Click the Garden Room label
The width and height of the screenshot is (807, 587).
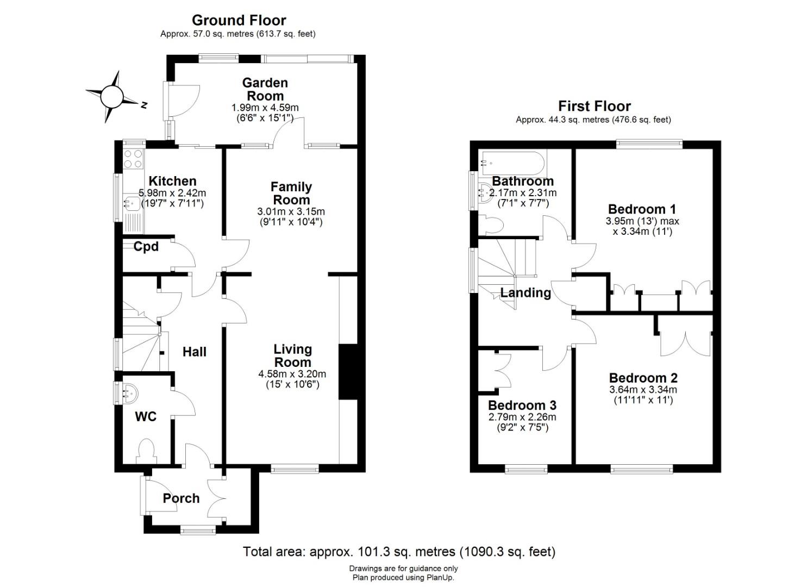265,89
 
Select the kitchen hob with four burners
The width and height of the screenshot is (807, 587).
133,159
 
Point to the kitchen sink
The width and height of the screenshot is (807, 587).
132,204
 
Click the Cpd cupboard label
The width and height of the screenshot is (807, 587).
146,246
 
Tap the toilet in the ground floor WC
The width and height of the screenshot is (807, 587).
146,452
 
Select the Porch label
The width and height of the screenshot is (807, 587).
181,498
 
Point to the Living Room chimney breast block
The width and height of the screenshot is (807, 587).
348,372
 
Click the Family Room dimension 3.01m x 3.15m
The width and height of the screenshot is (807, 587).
291,211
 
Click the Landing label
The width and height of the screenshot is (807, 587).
526,292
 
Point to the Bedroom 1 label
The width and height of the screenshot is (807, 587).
642,209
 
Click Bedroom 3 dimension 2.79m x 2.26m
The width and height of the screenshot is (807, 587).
522,417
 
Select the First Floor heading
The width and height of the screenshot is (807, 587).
595,107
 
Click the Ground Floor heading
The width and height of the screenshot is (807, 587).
239,21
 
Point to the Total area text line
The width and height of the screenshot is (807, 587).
399,552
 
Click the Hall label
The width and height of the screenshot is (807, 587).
195,352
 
